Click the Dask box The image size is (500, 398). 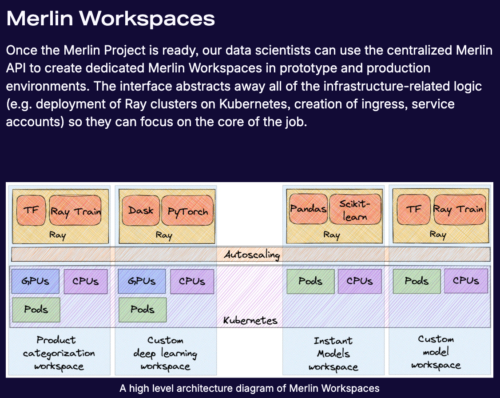point(141,211)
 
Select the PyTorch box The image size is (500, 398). point(187,211)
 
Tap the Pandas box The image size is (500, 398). point(308,209)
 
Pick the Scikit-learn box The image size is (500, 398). point(355,209)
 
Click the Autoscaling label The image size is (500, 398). point(252,255)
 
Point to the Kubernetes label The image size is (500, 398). point(250,320)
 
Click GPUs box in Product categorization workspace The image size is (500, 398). point(36,281)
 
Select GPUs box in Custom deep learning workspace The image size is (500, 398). point(142,281)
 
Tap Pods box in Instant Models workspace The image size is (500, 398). point(310,281)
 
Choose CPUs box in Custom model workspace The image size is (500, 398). point(466,281)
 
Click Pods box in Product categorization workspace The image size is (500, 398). point(36,310)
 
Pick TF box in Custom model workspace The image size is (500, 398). point(414,209)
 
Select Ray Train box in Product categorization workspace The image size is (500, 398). point(75,211)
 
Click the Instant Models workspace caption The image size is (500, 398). point(333,354)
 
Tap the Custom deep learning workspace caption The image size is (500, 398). point(165,353)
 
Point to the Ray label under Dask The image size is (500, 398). point(164,235)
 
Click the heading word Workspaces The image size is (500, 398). point(147,19)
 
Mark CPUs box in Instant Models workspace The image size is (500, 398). point(360,281)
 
